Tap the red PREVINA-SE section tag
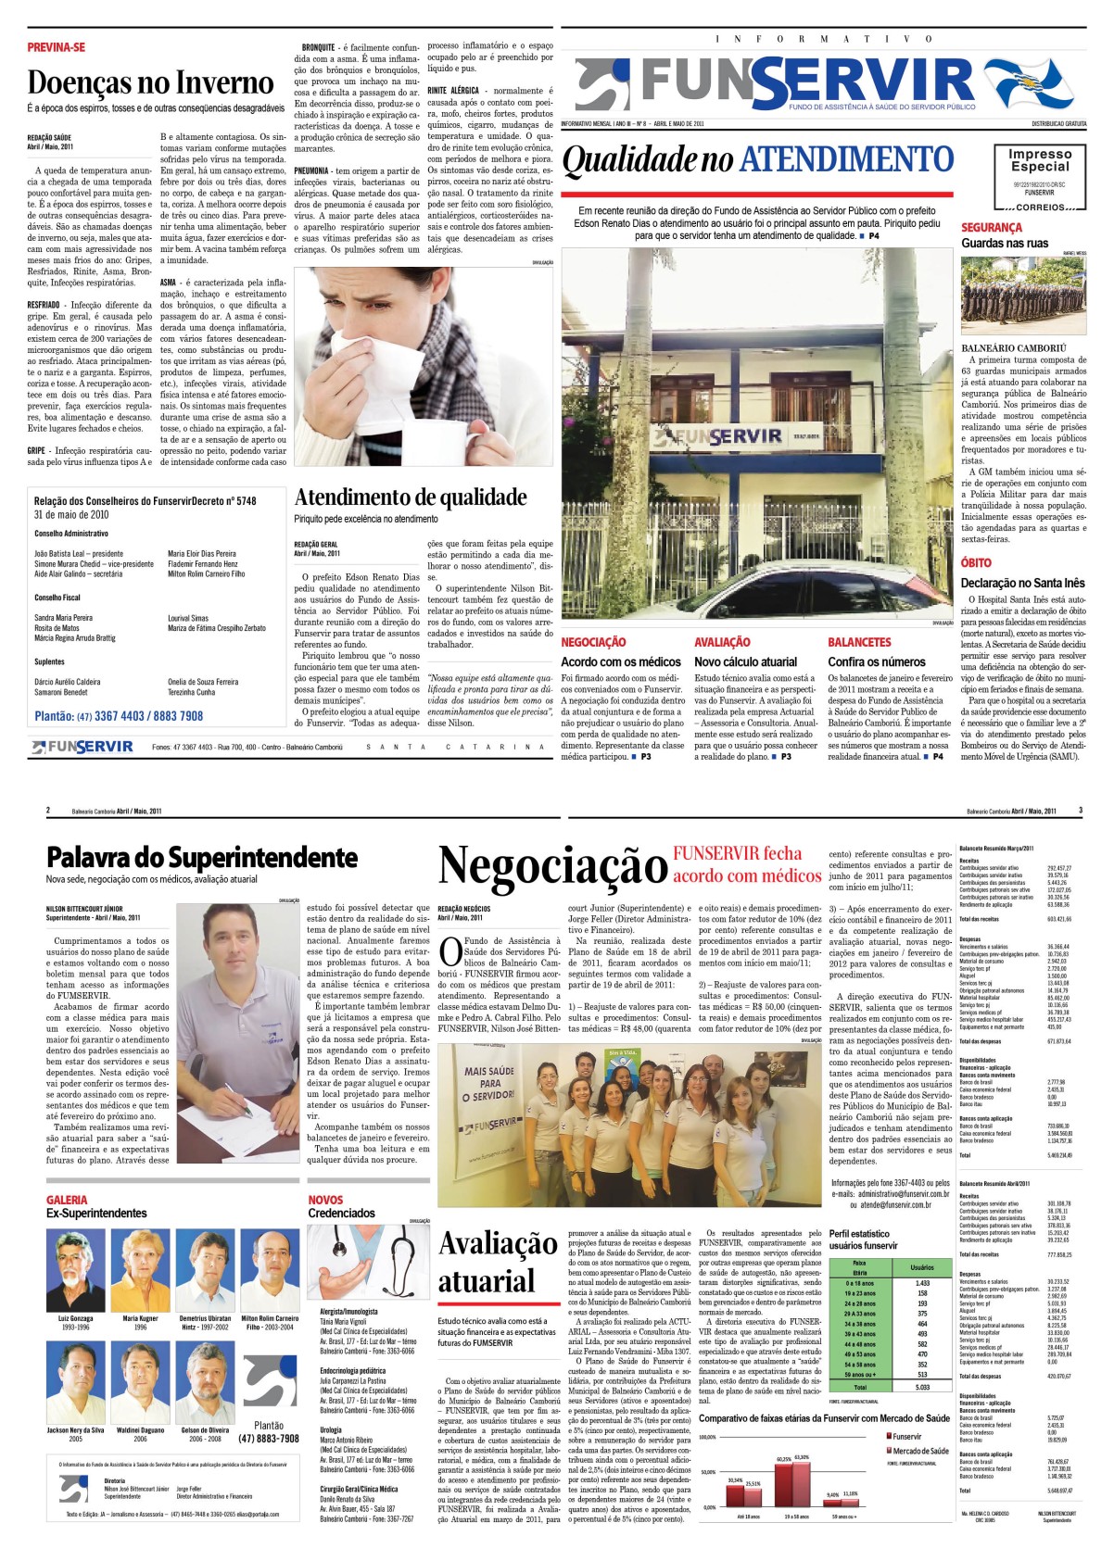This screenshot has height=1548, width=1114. [56, 47]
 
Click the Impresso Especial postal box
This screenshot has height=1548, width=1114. [1040, 177]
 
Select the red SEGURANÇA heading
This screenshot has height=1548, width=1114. [992, 228]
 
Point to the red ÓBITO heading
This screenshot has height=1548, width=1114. [976, 562]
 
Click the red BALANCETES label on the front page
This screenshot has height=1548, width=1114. [859, 642]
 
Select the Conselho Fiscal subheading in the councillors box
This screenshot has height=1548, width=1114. [57, 598]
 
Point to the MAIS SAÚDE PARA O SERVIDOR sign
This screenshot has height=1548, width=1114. [489, 1083]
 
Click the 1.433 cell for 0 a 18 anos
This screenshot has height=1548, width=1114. [921, 1283]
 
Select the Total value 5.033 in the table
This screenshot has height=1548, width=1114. [921, 1387]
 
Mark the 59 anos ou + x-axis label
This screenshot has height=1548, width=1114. [842, 1517]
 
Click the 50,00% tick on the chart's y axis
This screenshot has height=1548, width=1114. [707, 1472]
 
